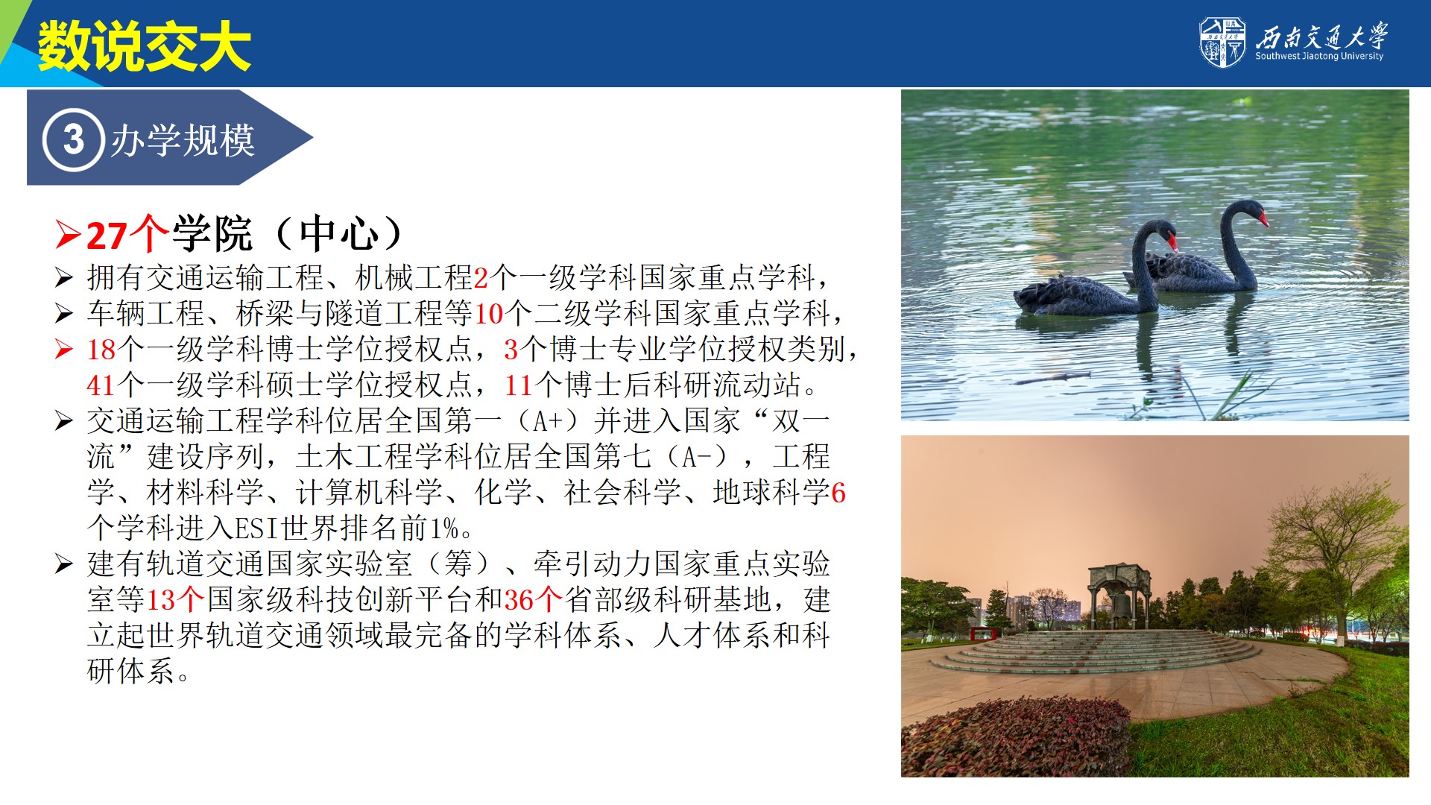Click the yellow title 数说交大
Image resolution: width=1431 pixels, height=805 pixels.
point(145,46)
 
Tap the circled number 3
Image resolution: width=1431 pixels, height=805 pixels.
point(73,139)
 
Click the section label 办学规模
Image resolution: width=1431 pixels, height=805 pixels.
point(183,140)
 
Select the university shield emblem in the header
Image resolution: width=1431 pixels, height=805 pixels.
point(1222,42)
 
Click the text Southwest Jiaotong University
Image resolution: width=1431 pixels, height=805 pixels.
point(1318,56)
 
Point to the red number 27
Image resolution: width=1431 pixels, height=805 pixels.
point(107,236)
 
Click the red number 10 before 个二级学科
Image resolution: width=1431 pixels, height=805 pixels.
point(489,314)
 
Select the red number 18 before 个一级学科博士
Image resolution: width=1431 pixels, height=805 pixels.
point(101,350)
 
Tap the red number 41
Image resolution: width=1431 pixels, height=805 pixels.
point(101,385)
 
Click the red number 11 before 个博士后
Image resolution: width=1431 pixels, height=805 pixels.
point(519,385)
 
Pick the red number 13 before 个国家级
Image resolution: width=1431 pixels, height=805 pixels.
point(161,600)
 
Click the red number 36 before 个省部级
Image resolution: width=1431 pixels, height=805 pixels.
point(519,600)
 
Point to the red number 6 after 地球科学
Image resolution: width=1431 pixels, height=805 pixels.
point(838,493)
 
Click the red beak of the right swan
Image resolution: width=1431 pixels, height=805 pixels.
point(1263,218)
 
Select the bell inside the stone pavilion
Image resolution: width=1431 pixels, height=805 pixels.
point(1119,605)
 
